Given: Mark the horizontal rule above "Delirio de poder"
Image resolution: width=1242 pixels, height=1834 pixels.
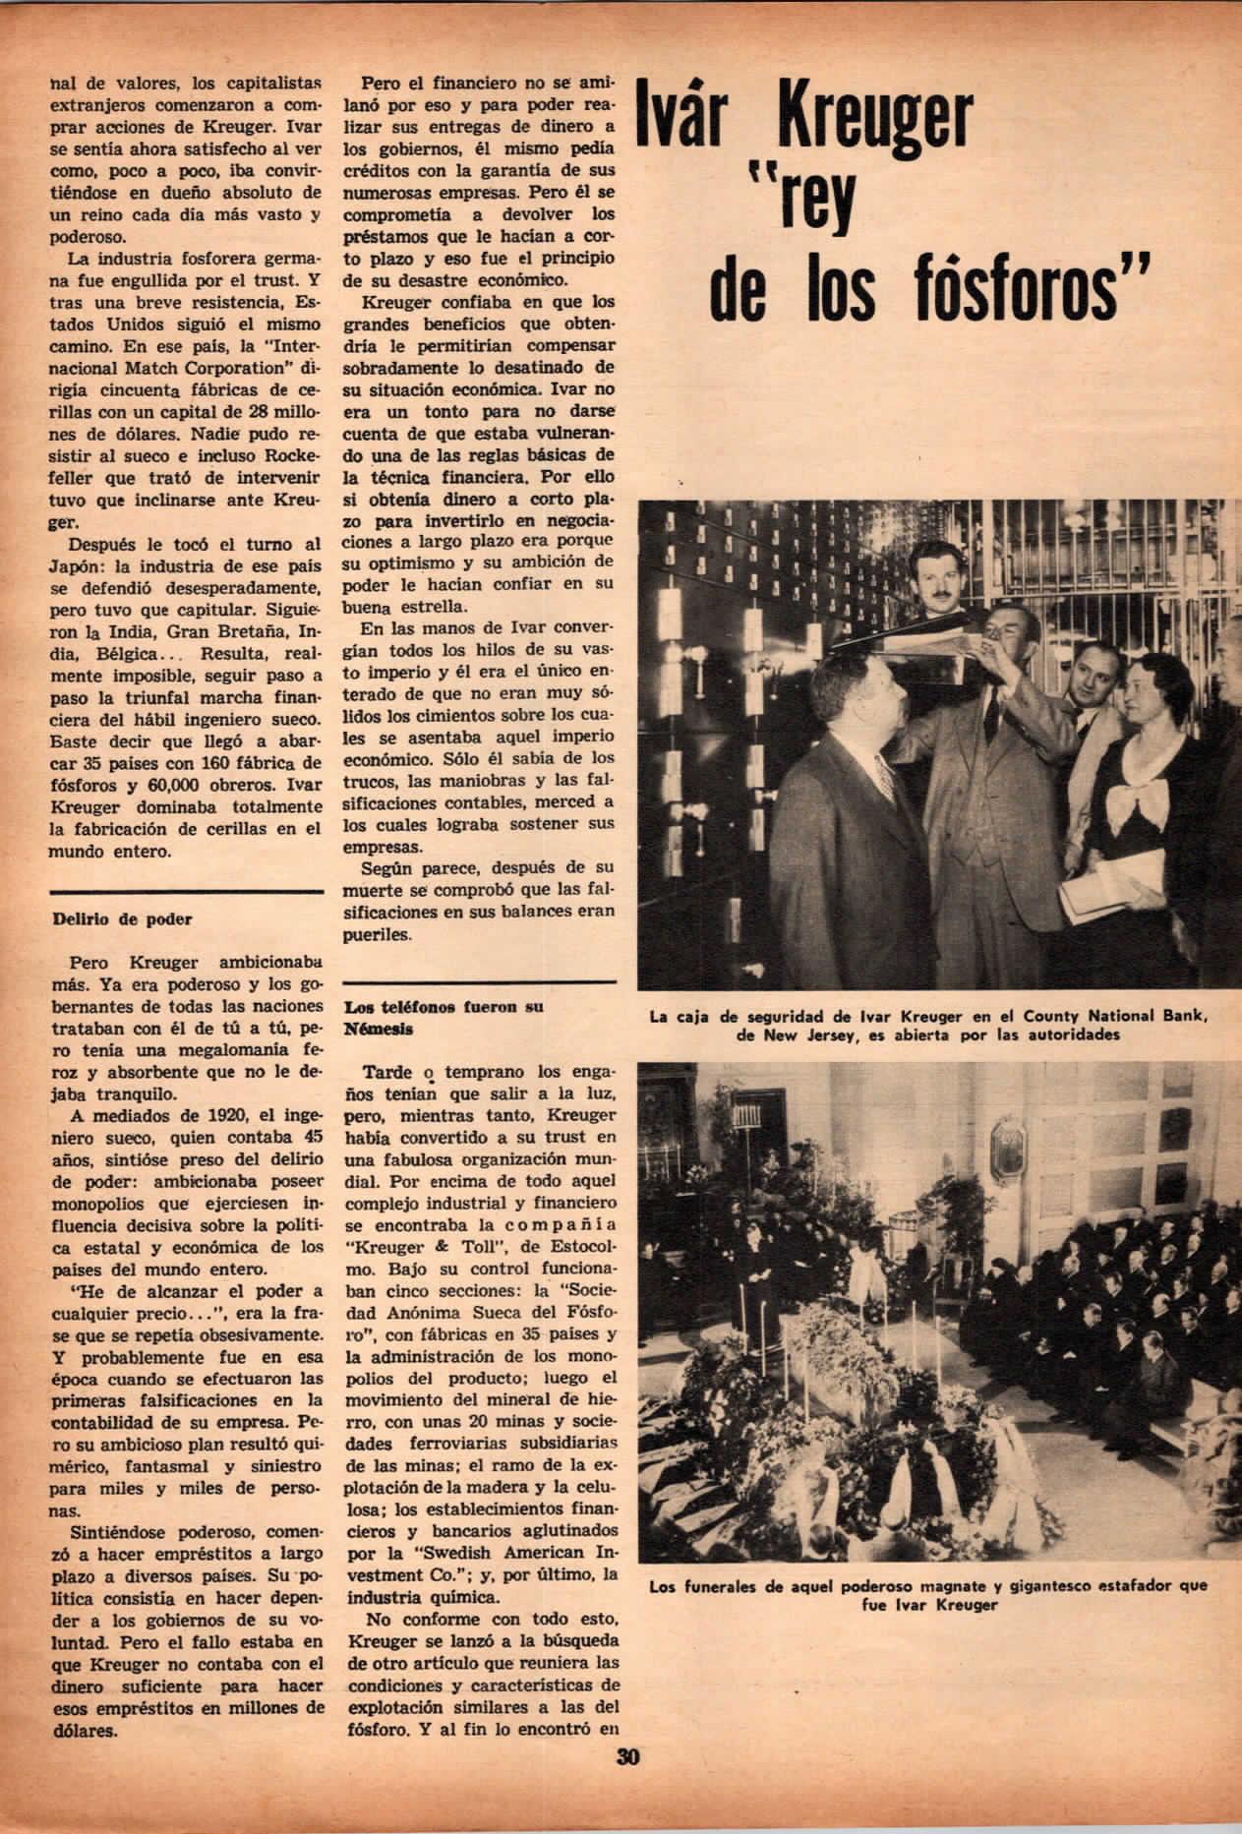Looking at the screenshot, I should pos(185,891).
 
